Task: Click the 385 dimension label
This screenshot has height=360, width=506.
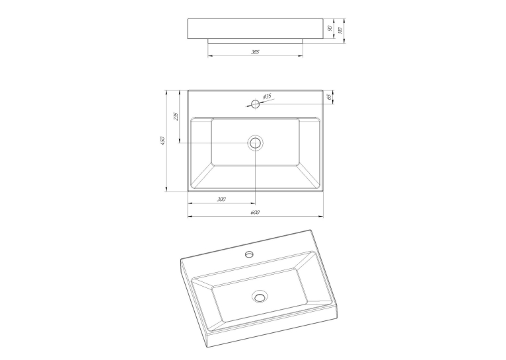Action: click(255, 52)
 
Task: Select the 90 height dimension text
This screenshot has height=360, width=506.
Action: click(330, 28)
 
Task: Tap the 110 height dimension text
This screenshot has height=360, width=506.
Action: click(340, 30)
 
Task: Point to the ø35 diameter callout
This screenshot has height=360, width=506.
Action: click(267, 96)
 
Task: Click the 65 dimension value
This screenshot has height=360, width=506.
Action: click(329, 97)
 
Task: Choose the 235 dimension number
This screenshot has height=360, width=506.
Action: click(176, 116)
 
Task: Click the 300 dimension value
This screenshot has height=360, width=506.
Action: click(221, 199)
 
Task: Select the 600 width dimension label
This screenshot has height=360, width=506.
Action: click(255, 212)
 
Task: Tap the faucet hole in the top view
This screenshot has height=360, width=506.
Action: click(256, 104)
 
